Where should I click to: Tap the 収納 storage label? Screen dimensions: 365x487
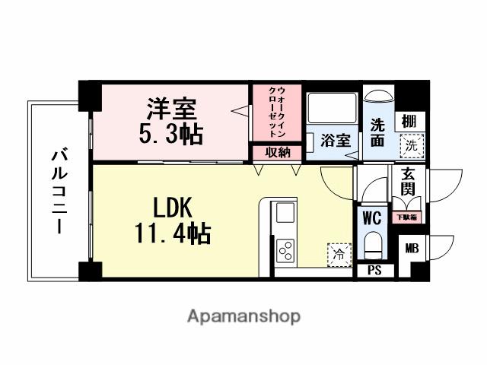click(277, 153)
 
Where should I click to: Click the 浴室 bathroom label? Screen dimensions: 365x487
click(335, 141)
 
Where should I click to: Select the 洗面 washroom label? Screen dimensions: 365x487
click(378, 132)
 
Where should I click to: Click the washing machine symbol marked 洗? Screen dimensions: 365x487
click(411, 144)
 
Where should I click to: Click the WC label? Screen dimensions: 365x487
click(371, 218)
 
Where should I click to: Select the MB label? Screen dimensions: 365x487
click(411, 248)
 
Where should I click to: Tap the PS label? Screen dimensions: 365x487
click(374, 270)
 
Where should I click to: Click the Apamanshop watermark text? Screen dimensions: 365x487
click(243, 316)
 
